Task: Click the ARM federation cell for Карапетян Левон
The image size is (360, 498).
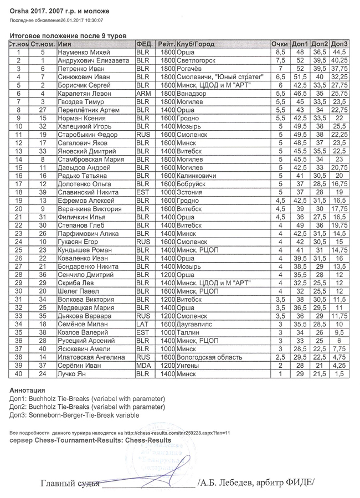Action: (143, 94)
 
